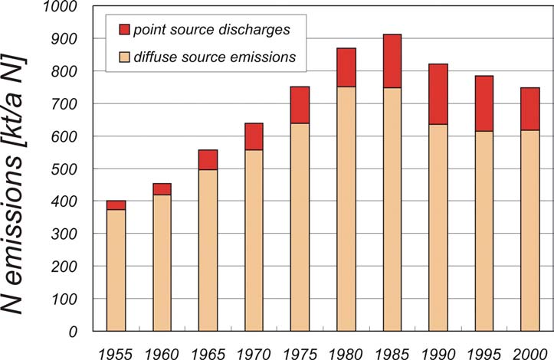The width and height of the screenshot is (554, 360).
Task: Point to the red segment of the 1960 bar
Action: pos(162,189)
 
